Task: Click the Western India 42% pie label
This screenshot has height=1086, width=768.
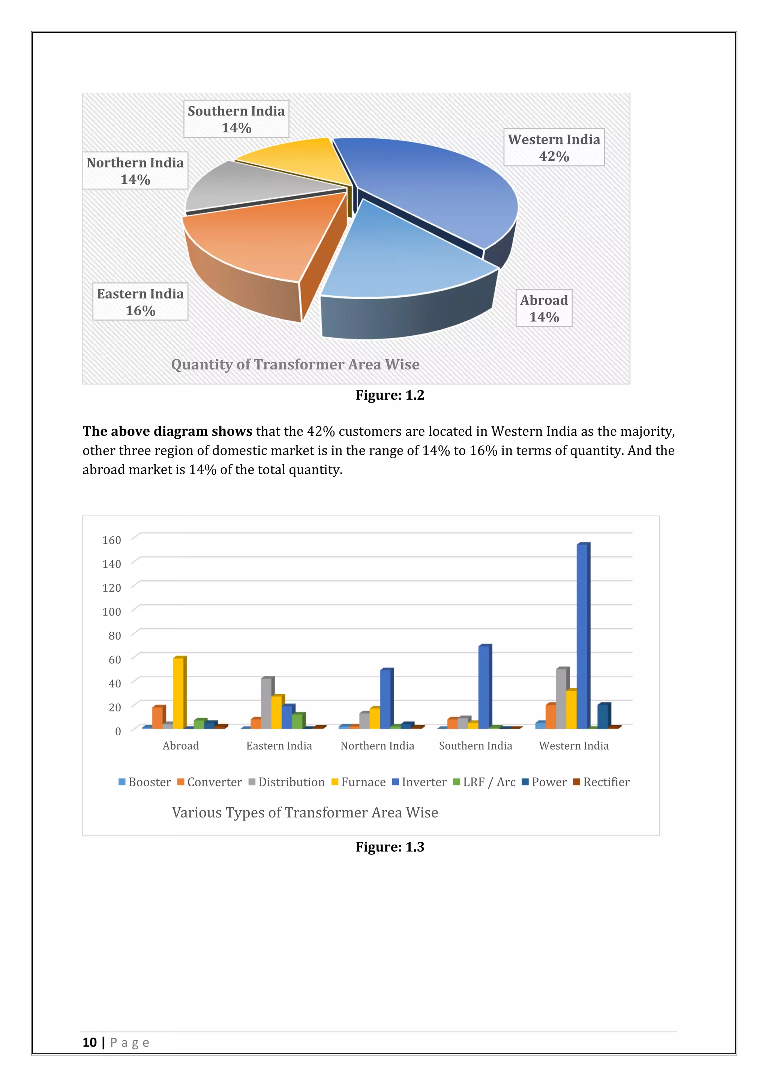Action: [554, 148]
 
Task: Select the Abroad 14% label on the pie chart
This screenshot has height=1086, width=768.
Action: [544, 308]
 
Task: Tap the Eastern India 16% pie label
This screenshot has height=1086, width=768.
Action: [141, 302]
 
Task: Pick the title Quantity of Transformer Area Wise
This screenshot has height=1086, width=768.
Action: [295, 364]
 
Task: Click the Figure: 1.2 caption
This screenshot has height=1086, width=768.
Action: [390, 395]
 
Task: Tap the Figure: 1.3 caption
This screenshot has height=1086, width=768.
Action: [390, 847]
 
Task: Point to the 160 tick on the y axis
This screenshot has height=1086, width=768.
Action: [112, 540]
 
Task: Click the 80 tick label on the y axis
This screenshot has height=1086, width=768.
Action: [114, 636]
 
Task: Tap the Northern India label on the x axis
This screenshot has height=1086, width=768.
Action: [377, 746]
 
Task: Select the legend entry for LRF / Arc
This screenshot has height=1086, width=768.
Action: [484, 782]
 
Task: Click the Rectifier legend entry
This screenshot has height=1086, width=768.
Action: [601, 782]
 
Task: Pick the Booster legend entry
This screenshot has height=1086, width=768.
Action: [145, 782]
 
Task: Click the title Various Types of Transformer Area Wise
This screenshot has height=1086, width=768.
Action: [305, 813]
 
